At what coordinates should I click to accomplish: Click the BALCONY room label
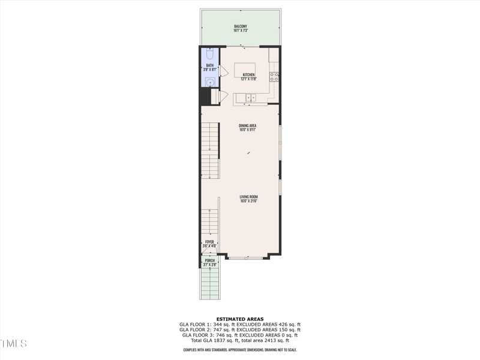tap(241, 26)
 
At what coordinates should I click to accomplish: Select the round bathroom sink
tap(210, 82)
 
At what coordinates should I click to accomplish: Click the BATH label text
tap(210, 65)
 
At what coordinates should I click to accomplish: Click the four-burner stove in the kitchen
tap(274, 77)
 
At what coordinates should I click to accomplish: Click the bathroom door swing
tap(223, 71)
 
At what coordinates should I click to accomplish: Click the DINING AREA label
tap(248, 125)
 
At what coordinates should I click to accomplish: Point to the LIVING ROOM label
tap(248, 196)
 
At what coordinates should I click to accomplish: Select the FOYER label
tap(209, 242)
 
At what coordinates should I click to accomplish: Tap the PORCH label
tap(209, 260)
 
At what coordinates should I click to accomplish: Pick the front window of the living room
tap(246, 258)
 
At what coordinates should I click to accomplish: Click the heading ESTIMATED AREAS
tap(239, 319)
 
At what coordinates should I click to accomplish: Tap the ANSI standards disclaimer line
tap(239, 350)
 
